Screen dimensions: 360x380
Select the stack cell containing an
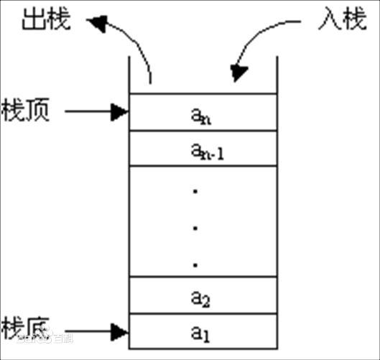pyautogui.click(x=202, y=113)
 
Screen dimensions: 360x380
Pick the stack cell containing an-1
pyautogui.click(x=202, y=149)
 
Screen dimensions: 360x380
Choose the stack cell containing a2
pyautogui.click(x=202, y=296)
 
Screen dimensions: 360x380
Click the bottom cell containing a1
pyautogui.click(x=202, y=333)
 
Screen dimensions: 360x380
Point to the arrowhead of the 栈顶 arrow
pyautogui.click(x=121, y=111)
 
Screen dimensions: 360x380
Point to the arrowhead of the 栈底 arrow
pyautogui.click(x=121, y=332)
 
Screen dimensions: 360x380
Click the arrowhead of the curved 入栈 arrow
pyautogui.click(x=239, y=72)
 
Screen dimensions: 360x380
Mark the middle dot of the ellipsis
pyautogui.click(x=196, y=228)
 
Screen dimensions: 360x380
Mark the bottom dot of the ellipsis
pyautogui.click(x=196, y=264)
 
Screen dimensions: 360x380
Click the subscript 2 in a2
pyautogui.click(x=206, y=300)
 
